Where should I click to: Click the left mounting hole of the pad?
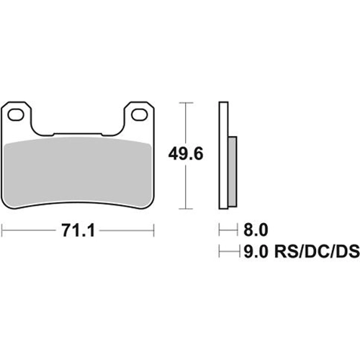16,114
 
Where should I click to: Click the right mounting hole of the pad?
139,114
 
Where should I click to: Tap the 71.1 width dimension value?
78,230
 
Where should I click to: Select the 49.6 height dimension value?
186,153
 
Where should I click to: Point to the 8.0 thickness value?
256,230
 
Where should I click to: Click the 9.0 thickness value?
256,251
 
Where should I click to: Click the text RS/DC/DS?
317,251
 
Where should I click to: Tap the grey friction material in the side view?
233,171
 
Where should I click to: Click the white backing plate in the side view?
223,156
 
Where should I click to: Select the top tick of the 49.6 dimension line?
186,103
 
